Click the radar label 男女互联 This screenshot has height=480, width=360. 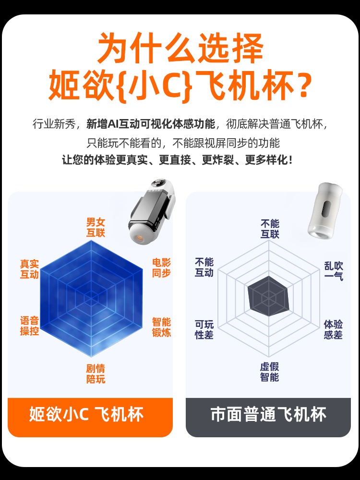[x=96, y=228]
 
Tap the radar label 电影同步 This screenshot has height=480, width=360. [x=161, y=268]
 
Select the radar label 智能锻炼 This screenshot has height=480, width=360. [x=161, y=327]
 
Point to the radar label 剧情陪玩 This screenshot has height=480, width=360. [x=96, y=374]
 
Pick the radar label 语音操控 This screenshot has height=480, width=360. [x=29, y=326]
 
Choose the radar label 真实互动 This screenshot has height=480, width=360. [x=29, y=269]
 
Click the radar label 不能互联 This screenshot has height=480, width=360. [x=270, y=228]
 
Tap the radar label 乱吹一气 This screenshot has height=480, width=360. [x=334, y=271]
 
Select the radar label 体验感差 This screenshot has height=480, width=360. [x=333, y=330]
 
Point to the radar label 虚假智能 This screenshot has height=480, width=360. [x=269, y=372]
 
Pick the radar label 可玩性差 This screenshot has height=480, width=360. [x=204, y=330]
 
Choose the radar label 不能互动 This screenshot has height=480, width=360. [x=204, y=267]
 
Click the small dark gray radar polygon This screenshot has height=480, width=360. [x=269, y=296]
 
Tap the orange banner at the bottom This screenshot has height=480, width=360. [x=90, y=417]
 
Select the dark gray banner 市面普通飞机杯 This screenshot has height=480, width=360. [x=268, y=417]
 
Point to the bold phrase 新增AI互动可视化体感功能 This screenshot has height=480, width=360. [x=151, y=124]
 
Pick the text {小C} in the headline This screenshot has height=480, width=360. [x=156, y=85]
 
